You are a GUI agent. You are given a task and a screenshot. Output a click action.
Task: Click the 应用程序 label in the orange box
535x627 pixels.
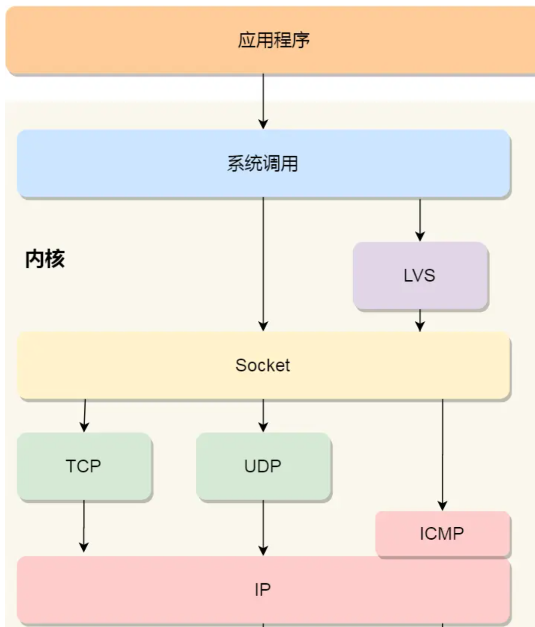pyautogui.click(x=273, y=40)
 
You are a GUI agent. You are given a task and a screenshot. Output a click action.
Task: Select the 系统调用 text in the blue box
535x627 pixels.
pyautogui.click(x=263, y=164)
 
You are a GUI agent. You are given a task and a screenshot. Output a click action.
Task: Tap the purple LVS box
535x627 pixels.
pyautogui.click(x=420, y=275)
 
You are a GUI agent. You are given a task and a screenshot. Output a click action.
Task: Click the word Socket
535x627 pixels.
pyautogui.click(x=263, y=365)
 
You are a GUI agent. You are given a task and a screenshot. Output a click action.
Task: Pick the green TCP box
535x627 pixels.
pyautogui.click(x=84, y=466)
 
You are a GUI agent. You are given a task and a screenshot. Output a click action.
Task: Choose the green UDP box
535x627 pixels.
pyautogui.click(x=263, y=466)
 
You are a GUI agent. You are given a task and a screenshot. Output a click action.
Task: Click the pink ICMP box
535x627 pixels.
pyautogui.click(x=442, y=533)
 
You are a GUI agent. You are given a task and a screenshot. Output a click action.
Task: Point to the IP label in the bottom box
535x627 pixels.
pyautogui.click(x=263, y=590)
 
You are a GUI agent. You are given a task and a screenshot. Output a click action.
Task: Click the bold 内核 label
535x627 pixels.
pyautogui.click(x=45, y=259)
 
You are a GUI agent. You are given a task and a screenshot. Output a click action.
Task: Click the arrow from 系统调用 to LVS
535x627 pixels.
pyautogui.click(x=420, y=219)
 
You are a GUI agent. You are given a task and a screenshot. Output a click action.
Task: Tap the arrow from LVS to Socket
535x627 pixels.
pyautogui.click(x=420, y=320)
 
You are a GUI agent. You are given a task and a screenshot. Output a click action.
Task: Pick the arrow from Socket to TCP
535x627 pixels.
pyautogui.click(x=85, y=415)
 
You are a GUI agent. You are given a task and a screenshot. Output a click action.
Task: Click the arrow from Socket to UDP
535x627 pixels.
pyautogui.click(x=263, y=415)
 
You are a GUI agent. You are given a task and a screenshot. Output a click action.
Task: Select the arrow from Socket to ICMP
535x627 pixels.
pyautogui.click(x=442, y=454)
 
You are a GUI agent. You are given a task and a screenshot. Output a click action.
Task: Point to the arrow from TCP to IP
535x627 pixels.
pyautogui.click(x=84, y=526)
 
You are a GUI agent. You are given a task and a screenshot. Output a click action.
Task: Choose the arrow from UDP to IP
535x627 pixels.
pyautogui.click(x=263, y=527)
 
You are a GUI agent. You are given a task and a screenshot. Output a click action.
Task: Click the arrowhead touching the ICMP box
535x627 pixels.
pyautogui.click(x=442, y=505)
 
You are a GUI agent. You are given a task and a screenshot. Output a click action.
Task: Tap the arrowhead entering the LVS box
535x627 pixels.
pyautogui.click(x=420, y=236)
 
